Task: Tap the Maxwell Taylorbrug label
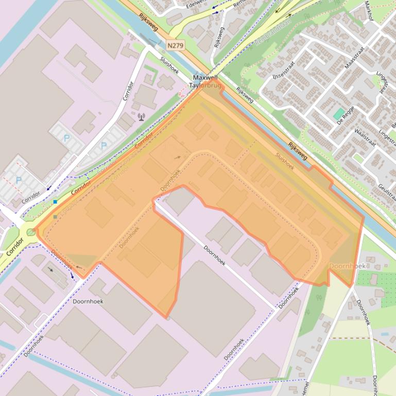point(206,82)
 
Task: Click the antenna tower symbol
point(141,117)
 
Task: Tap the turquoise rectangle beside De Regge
point(339,114)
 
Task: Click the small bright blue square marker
point(55,202)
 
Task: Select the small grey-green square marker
point(55,217)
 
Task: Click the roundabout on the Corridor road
point(31,232)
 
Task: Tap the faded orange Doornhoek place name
point(347,266)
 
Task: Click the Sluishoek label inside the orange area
point(285,160)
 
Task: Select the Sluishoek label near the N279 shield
point(169,66)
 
